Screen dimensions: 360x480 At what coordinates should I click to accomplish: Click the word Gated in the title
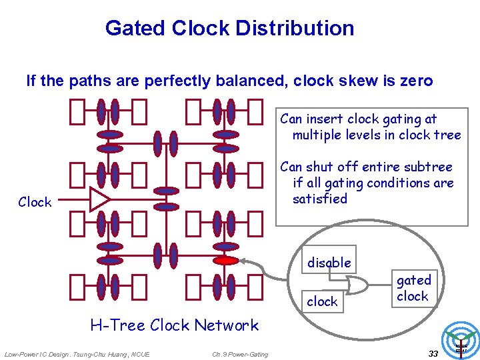135,28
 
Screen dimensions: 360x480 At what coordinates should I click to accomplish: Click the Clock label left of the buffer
35,202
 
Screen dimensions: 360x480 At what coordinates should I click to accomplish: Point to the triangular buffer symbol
100,199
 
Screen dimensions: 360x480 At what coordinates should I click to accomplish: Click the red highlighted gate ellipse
227,261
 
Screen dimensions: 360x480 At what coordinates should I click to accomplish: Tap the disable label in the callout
329,263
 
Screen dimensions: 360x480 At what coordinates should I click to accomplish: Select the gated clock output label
413,288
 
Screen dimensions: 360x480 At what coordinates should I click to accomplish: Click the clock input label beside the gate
322,301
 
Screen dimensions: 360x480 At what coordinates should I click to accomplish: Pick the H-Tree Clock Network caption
174,325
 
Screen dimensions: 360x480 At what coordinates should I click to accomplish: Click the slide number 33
433,353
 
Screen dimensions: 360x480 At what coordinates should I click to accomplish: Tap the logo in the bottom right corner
461,341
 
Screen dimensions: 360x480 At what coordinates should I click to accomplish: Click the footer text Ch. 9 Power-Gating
240,354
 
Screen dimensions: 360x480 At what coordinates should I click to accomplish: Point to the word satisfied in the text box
320,199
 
